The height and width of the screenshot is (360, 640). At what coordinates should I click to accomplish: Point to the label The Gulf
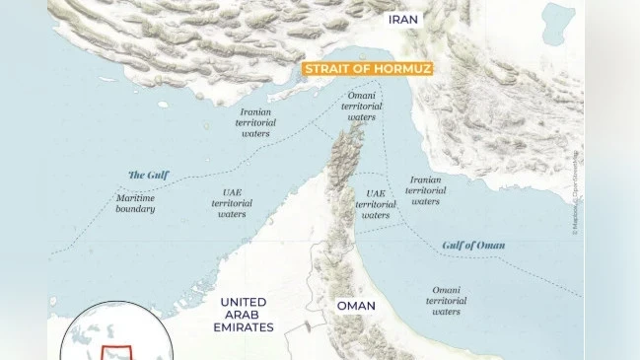tap(148, 175)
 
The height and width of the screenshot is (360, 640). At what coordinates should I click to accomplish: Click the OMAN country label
tap(356, 306)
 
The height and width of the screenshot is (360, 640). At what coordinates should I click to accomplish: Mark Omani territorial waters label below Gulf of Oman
tap(446, 300)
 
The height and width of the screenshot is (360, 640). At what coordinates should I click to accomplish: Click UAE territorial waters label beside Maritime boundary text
tap(232, 202)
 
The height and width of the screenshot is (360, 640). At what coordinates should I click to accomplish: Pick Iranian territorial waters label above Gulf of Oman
tap(425, 190)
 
